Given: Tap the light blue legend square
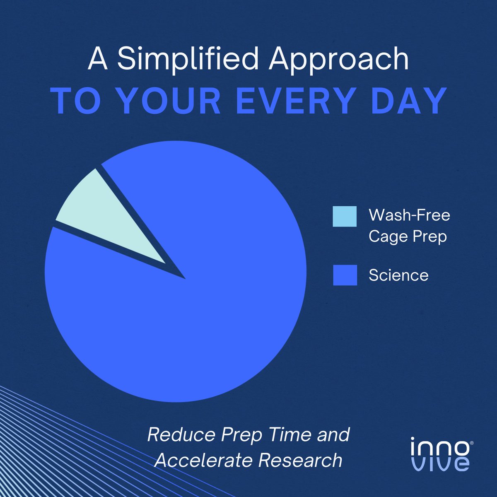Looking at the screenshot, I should click(x=345, y=216).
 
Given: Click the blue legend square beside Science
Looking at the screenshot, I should click(x=345, y=275).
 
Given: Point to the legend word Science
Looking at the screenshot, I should click(x=398, y=275).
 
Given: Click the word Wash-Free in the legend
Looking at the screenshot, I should click(x=409, y=215).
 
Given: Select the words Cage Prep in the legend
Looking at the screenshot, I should click(x=408, y=237).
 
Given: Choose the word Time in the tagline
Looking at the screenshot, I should click(x=290, y=435).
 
